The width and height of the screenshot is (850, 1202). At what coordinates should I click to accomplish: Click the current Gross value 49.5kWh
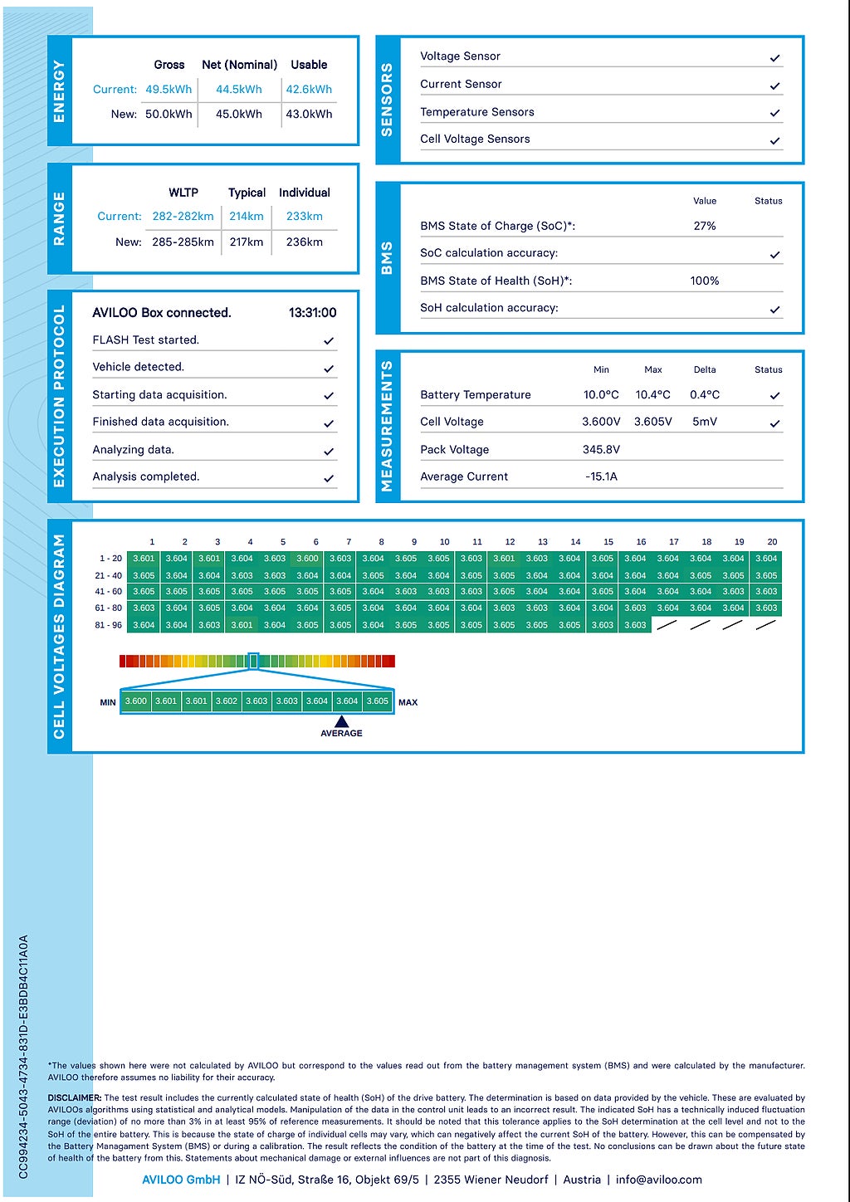click(x=169, y=90)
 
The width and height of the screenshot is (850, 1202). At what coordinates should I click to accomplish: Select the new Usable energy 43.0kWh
click(x=309, y=115)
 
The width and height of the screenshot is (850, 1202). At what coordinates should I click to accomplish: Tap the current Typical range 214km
click(x=247, y=217)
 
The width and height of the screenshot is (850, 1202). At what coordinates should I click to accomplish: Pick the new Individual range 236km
click(x=304, y=242)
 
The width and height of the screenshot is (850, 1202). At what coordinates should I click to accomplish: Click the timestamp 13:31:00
click(x=312, y=313)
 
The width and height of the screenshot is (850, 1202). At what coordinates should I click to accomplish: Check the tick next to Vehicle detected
click(x=329, y=369)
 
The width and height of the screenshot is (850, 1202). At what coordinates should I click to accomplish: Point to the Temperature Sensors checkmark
click(x=774, y=113)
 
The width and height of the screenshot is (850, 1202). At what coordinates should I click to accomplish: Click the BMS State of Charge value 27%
click(x=705, y=226)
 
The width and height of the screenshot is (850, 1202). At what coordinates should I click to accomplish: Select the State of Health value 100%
click(x=705, y=281)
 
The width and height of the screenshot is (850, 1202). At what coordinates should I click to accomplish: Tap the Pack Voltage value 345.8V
click(x=601, y=450)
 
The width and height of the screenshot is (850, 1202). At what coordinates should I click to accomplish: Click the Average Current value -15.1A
click(x=601, y=476)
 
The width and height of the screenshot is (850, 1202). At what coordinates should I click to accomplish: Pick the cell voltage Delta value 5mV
click(x=705, y=422)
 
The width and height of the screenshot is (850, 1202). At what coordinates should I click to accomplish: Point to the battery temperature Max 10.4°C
click(x=652, y=395)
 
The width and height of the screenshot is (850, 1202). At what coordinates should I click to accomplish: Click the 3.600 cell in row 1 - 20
click(x=308, y=559)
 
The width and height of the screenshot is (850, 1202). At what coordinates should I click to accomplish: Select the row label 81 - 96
click(x=108, y=625)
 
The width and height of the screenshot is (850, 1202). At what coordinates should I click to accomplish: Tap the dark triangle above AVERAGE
click(x=341, y=721)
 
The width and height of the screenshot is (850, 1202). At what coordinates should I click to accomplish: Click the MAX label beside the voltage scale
click(x=408, y=702)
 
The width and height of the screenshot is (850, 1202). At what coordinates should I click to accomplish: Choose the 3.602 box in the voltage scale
click(x=227, y=701)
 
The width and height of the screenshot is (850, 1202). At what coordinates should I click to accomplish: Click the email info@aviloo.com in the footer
click(x=659, y=1180)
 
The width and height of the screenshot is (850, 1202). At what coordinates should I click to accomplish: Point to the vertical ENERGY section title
click(x=59, y=91)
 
